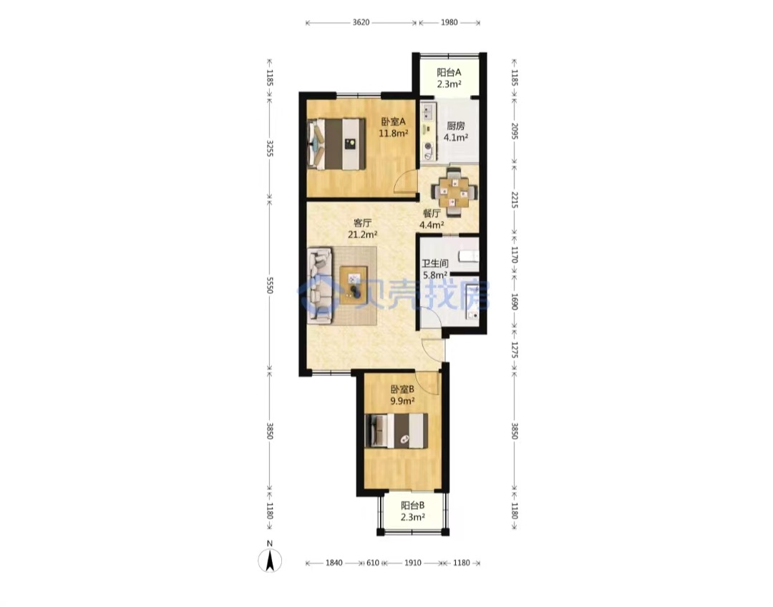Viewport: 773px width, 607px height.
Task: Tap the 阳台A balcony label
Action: [449, 72]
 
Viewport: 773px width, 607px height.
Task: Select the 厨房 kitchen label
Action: [455, 126]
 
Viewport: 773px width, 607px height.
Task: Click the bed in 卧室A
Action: [336, 144]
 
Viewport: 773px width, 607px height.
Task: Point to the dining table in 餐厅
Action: [454, 192]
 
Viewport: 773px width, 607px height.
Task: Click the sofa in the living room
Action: [320, 286]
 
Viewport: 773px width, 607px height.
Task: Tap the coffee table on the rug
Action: [354, 285]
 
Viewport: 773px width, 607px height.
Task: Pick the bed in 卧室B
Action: [397, 430]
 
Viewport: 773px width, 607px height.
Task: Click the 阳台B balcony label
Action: [412, 505]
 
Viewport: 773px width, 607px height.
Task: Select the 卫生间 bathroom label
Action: [435, 264]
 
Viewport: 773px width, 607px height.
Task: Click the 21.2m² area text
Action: [363, 235]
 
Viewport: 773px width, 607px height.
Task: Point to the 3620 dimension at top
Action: [361, 22]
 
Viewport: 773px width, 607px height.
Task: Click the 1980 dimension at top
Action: [449, 22]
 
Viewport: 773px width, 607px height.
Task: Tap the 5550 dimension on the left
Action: [270, 285]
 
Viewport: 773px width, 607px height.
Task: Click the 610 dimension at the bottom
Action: [373, 563]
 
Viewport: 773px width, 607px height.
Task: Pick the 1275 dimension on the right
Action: [515, 350]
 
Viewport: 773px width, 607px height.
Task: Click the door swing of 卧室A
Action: [407, 182]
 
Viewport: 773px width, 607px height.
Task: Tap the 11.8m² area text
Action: [393, 133]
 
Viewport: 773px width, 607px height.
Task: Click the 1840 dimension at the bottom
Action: [334, 563]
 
